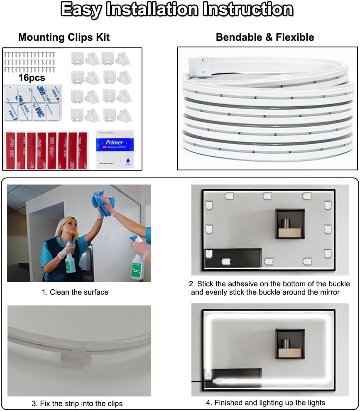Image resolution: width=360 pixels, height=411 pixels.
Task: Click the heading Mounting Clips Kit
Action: [64, 37]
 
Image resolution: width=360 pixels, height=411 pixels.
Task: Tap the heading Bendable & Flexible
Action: [265, 37]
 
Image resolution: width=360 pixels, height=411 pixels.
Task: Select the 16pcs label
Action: [32, 78]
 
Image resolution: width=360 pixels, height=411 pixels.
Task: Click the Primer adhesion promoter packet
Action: [114, 149]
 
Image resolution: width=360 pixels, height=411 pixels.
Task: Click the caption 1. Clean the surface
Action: [75, 292]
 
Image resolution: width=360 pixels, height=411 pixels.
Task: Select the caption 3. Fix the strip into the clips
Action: [77, 403]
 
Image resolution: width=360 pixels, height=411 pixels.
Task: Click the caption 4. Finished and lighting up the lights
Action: [265, 402]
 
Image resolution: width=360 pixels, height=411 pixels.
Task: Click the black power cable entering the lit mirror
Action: [198, 381]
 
